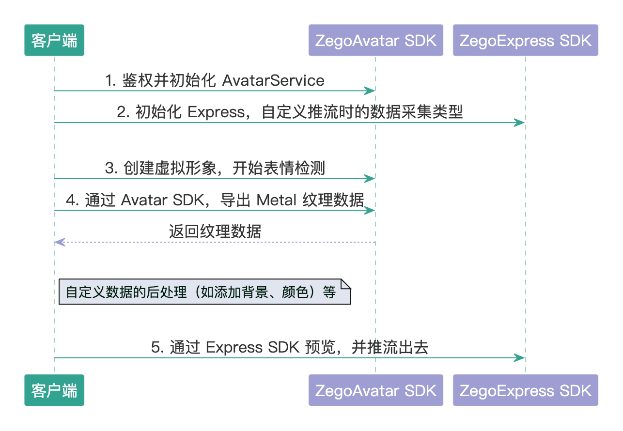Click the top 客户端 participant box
54,40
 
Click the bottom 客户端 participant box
54,390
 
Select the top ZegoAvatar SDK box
375,40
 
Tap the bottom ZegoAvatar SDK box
375,390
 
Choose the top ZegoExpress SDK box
526,40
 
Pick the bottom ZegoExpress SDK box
526,390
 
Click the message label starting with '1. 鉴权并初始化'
215,80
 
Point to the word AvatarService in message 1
273,80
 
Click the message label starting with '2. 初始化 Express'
290,112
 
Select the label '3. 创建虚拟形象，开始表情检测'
215,168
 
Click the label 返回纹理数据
215,231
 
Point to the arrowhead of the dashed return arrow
58,242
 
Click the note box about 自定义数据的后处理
204,292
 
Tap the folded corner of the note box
346,284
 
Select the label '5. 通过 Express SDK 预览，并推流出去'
290,347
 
